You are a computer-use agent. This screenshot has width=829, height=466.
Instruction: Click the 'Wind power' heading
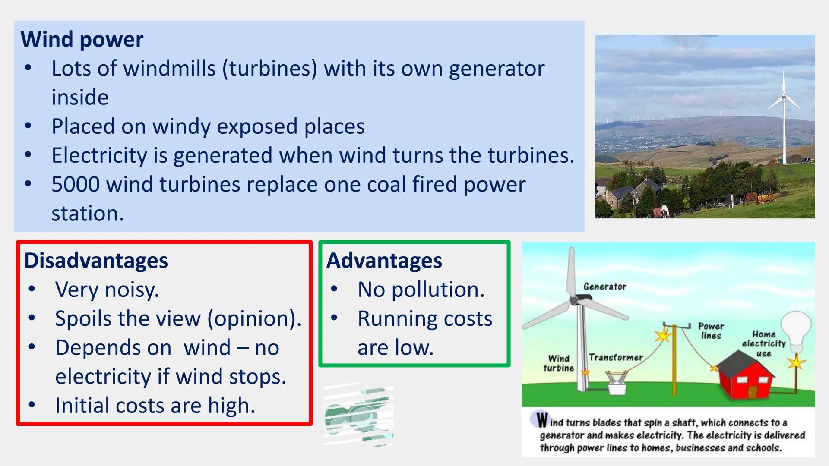(x=82, y=39)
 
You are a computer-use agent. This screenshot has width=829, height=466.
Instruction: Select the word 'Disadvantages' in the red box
(x=96, y=261)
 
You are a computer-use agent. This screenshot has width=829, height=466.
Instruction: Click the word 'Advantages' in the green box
(x=384, y=261)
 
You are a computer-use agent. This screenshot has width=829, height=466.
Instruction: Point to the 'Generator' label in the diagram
(x=604, y=287)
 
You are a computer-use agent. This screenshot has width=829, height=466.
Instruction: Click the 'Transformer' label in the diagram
(x=616, y=357)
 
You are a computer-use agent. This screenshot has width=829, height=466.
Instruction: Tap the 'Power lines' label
(x=711, y=331)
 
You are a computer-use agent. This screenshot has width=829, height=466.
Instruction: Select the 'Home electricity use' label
(x=763, y=344)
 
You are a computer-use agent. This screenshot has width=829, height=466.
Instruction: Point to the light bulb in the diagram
(x=797, y=330)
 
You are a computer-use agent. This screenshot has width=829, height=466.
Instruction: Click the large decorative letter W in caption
(x=542, y=419)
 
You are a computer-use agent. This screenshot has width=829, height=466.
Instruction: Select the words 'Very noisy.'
(x=107, y=290)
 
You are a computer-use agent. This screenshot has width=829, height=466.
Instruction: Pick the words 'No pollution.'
(x=421, y=290)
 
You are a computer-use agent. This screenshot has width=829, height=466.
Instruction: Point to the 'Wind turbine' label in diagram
(x=558, y=363)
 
